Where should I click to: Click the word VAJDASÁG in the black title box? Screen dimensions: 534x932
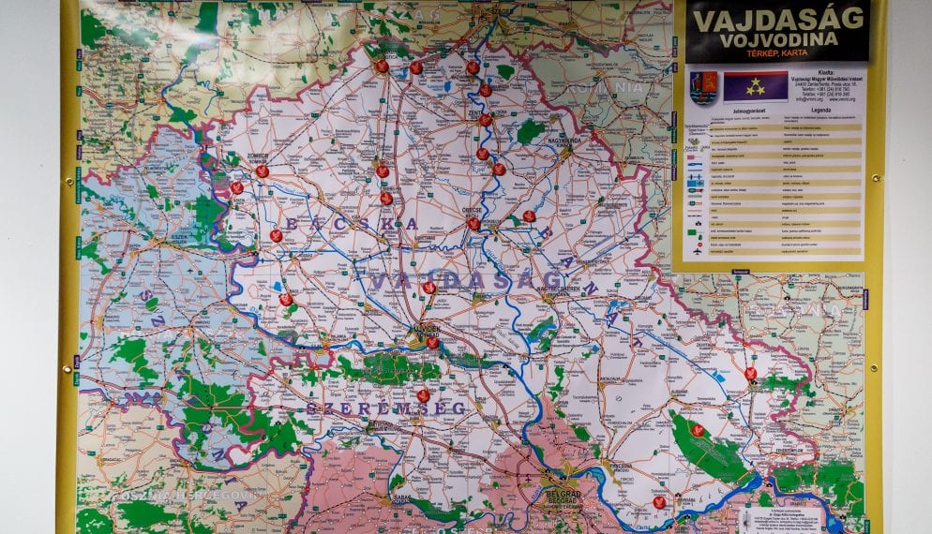click(x=777, y=18)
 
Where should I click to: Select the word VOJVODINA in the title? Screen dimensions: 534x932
click(x=777, y=41)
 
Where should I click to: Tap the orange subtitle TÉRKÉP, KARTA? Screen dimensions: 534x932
click(x=777, y=55)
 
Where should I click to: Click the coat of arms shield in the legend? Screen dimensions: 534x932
click(x=702, y=87)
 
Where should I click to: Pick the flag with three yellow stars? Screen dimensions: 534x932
click(x=755, y=86)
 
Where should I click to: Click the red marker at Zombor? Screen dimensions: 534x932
click(x=262, y=171)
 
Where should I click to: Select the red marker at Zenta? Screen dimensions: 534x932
click(x=485, y=120)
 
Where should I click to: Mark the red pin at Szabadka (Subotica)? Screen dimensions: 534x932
click(x=415, y=67)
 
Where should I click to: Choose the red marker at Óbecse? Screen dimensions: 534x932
click(x=474, y=223)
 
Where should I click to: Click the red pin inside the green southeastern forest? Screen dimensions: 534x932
click(x=697, y=430)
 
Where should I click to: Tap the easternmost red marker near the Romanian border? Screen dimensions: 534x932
click(x=750, y=373)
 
